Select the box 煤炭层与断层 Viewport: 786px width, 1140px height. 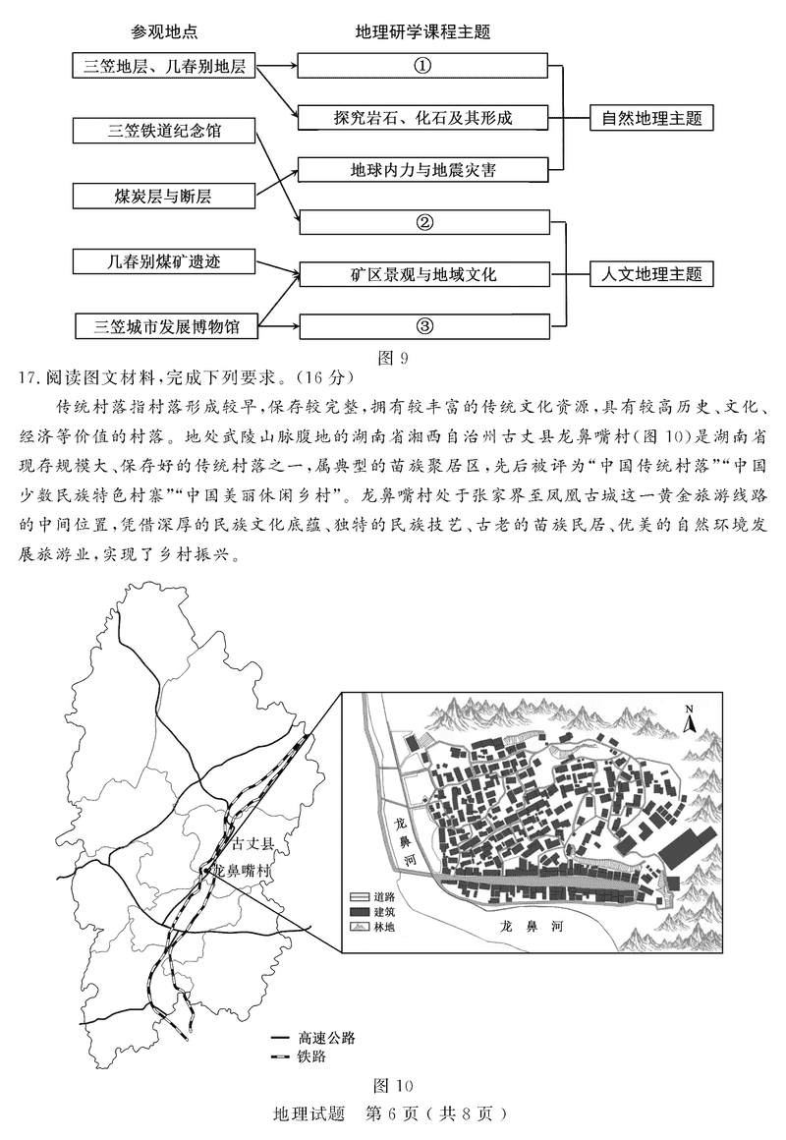[163, 196]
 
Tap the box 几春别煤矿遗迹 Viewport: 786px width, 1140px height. [163, 261]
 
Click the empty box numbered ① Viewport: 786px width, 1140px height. [422, 66]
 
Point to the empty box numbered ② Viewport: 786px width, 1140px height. [422, 222]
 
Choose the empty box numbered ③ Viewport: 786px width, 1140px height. [422, 326]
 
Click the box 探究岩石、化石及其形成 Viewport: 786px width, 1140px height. [422, 118]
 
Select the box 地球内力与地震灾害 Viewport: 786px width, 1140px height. [422, 170]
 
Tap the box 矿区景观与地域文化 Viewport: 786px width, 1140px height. [422, 274]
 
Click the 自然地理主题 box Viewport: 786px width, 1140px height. [651, 118]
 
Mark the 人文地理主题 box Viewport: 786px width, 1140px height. [651, 274]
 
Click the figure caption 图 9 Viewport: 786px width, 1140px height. [393, 358]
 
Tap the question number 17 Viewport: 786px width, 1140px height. [28, 376]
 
